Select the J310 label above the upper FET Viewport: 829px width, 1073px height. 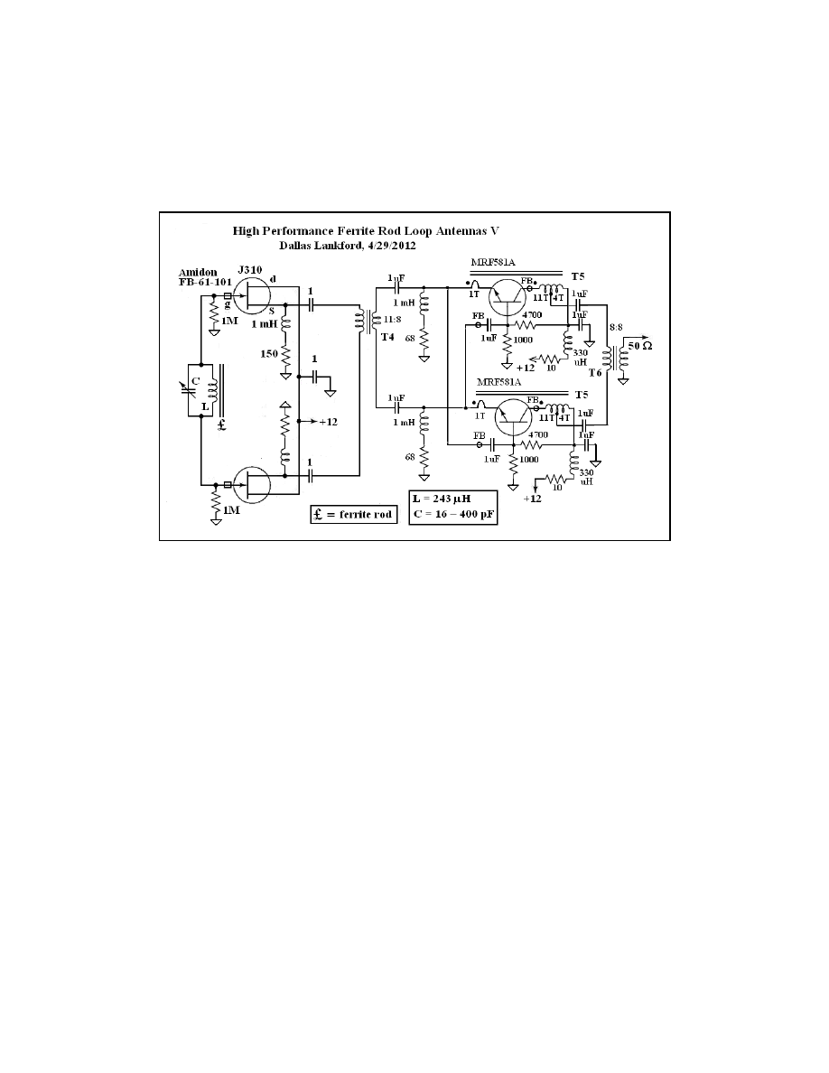[249, 269]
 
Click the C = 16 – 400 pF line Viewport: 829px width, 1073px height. [452, 517]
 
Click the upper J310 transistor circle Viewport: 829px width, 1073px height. [256, 296]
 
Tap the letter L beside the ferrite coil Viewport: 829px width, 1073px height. [206, 407]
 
